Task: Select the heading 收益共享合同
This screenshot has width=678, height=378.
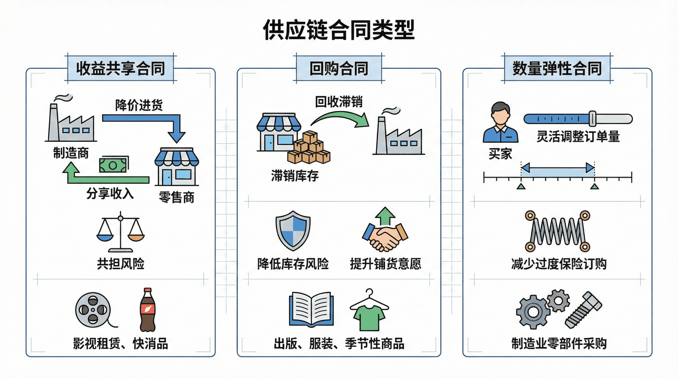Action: coord(120,68)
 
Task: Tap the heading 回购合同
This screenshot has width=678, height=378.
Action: coord(339,68)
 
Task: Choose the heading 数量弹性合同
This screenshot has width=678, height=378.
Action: coord(557,68)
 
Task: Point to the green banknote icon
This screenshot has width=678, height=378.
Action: coord(113,165)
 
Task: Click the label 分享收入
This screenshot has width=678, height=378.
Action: coord(110,194)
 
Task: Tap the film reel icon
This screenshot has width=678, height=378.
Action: coord(93,310)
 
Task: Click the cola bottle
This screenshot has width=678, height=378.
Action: coord(148,310)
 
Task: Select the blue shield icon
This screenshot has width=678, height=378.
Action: coord(293,231)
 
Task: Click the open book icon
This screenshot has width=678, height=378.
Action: coord(311,309)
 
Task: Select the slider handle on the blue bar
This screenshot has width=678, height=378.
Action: coord(592,118)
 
